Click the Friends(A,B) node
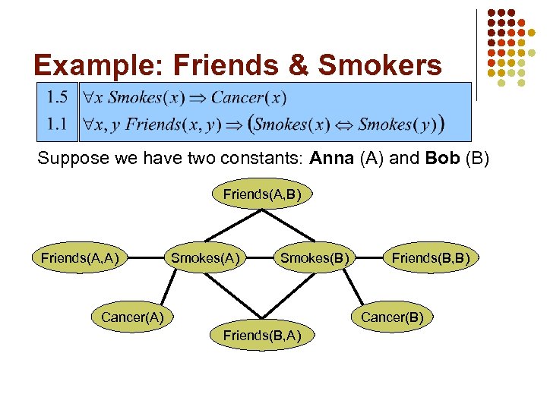262,194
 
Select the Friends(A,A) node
79,258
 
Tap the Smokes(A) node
205,258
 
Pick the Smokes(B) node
315,258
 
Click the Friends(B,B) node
430,258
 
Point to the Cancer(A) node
132,317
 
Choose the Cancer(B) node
392,317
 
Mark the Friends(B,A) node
262,335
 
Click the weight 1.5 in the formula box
55,97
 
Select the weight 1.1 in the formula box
55,123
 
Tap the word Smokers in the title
380,66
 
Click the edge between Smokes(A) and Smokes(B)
260,258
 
